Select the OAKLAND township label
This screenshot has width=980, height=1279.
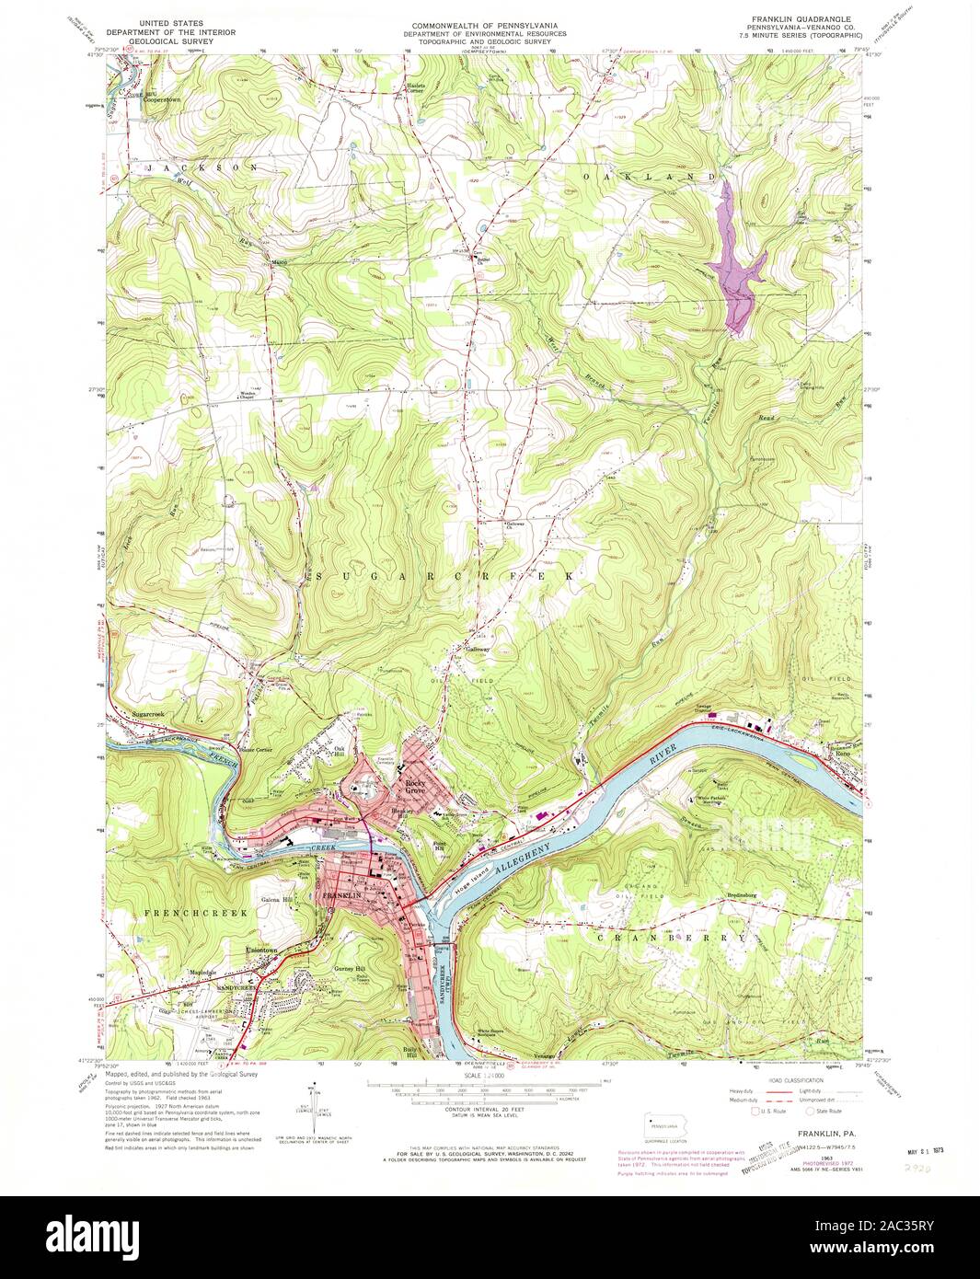(x=648, y=174)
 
